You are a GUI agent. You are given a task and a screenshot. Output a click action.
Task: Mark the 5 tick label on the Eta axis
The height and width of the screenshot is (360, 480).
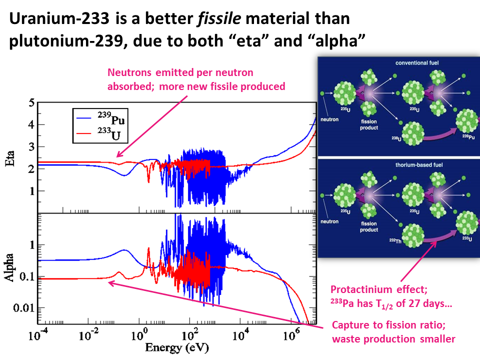tap(30, 103)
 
